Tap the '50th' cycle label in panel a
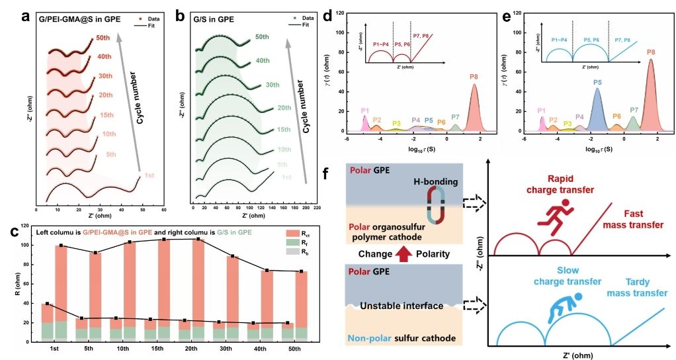point(103,38)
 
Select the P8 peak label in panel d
point(474,77)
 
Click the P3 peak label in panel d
point(396,123)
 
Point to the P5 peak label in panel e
point(597,83)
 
